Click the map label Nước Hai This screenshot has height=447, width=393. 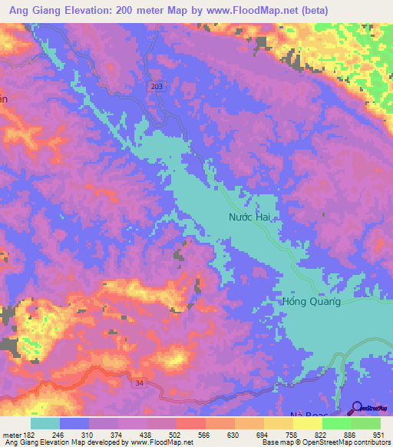pyautogui.click(x=251, y=218)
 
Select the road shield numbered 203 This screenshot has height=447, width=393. pyautogui.click(x=157, y=88)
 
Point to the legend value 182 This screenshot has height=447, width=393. pyautogui.click(x=29, y=435)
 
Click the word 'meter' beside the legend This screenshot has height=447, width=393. pyautogui.click(x=11, y=435)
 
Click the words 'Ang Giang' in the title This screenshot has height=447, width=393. pyautogui.click(x=38, y=10)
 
